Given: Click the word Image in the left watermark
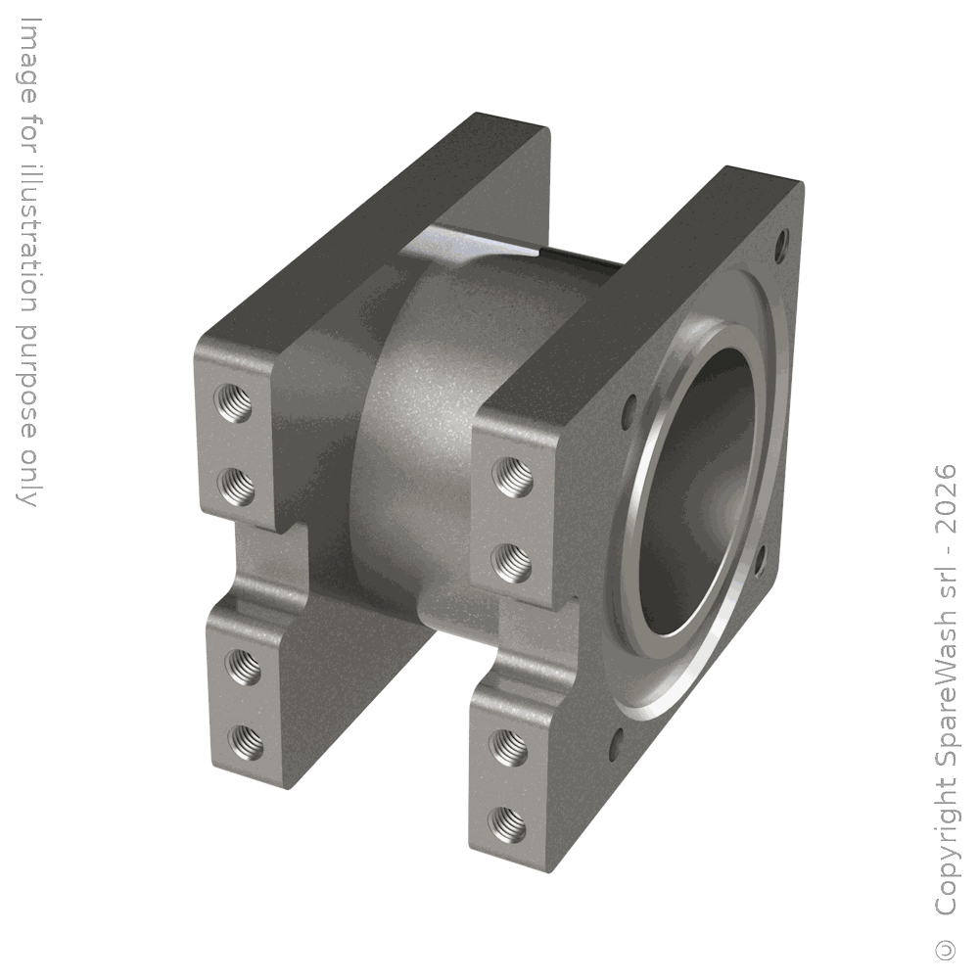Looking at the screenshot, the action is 27,60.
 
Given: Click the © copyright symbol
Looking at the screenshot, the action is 946,949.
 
